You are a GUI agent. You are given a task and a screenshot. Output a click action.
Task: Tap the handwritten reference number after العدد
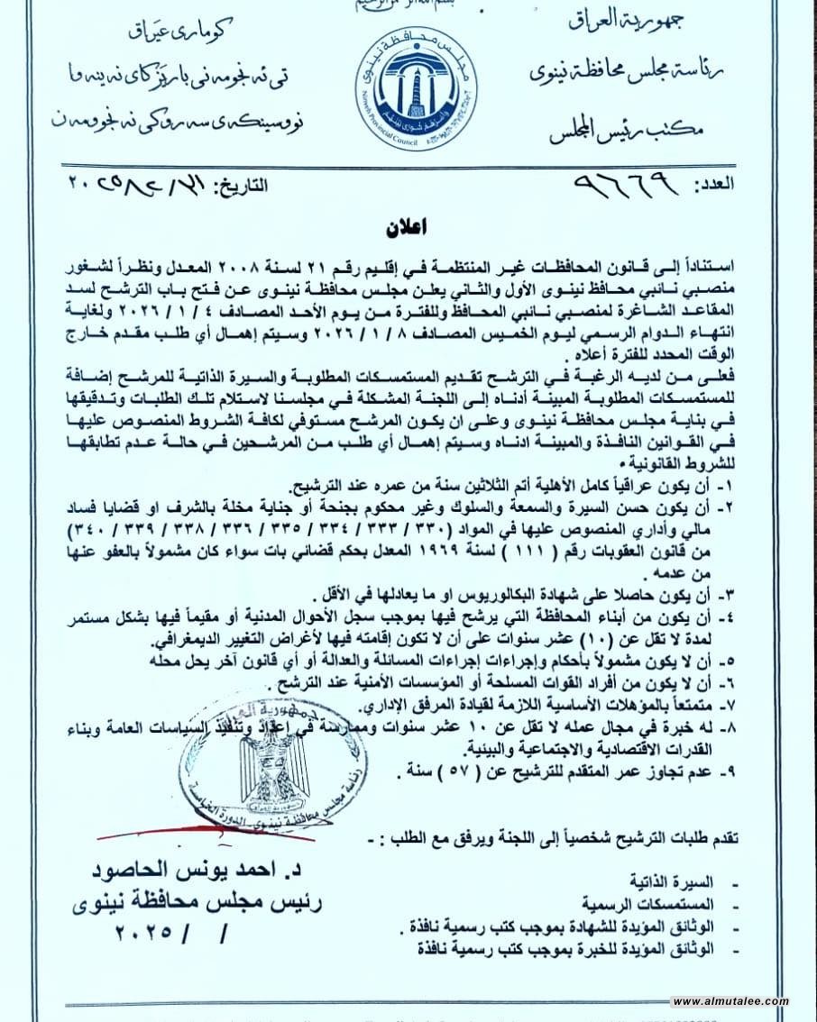[x=630, y=186]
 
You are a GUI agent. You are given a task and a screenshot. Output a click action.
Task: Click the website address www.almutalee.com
[x=730, y=1001]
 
